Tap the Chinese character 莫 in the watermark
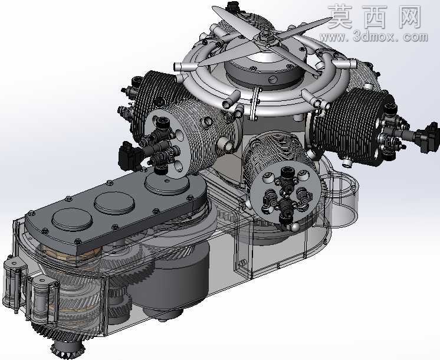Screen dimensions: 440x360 pyautogui.click(x=340, y=18)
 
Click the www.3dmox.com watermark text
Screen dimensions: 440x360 pyautogui.click(x=374, y=37)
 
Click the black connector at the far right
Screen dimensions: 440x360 pyautogui.click(x=427, y=138)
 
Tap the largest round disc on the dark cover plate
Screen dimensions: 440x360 pyautogui.click(x=72, y=220)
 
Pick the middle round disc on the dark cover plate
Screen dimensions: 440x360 pyautogui.click(x=114, y=203)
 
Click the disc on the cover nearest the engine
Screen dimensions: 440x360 pyautogui.click(x=168, y=184)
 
